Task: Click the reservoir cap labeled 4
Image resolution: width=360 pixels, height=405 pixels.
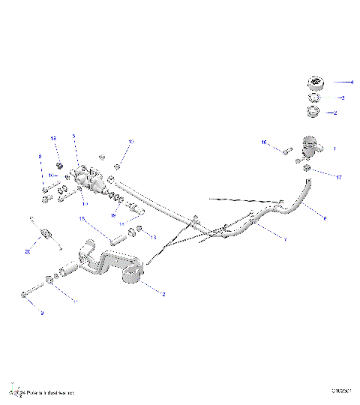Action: [313, 83]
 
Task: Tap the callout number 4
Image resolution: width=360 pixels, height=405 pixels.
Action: [352, 82]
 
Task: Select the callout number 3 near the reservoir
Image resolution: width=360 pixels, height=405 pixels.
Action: [342, 97]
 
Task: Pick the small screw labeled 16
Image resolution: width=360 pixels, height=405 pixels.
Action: [286, 151]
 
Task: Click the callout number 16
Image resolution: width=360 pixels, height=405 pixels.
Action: [263, 142]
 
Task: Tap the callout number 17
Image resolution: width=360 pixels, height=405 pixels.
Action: [339, 178]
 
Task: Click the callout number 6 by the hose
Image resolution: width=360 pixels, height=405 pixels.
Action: [325, 218]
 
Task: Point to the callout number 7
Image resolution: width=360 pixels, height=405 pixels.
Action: [284, 239]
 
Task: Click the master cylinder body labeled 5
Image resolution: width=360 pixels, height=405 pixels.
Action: [90, 178]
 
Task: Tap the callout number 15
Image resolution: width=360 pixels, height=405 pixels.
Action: [82, 219]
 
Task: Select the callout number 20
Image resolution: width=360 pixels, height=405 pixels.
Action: [27, 252]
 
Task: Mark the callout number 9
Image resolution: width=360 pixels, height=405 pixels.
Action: [41, 313]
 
